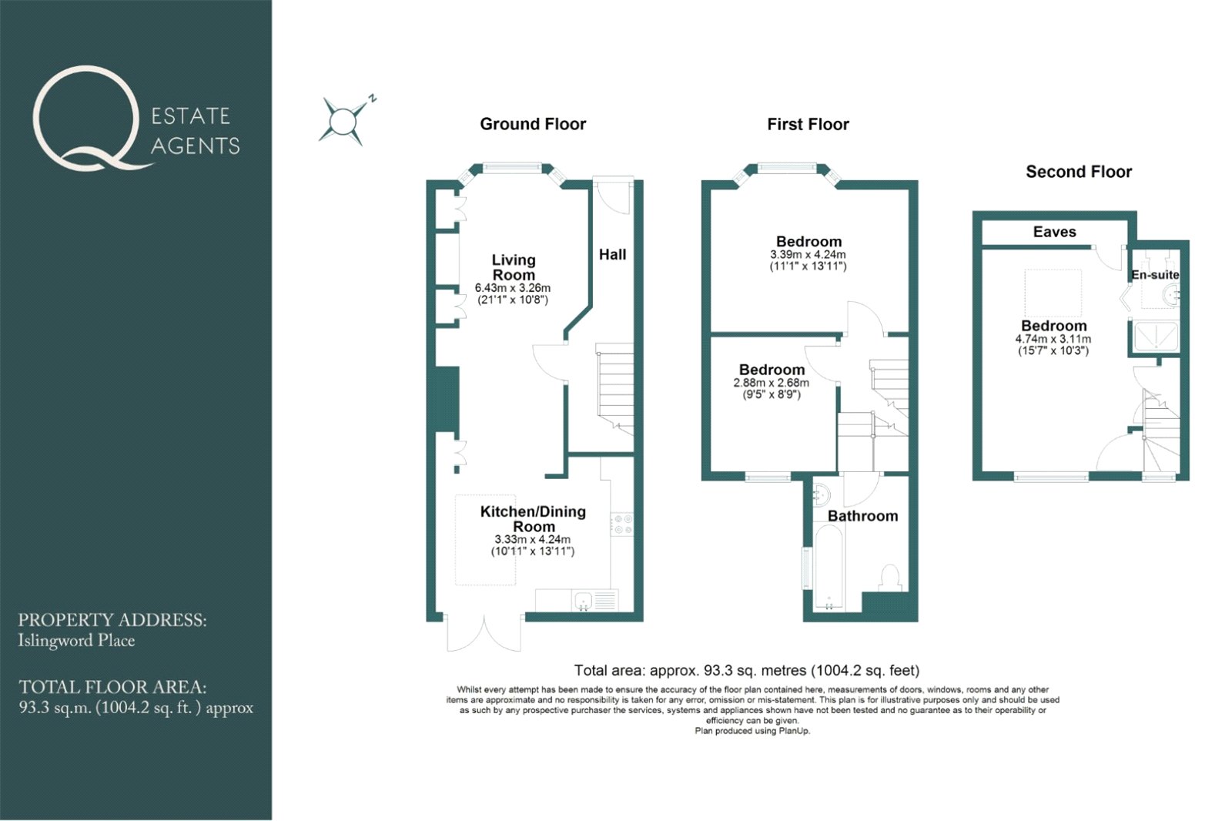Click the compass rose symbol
click(x=343, y=120)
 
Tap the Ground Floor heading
click(x=533, y=124)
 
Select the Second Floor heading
click(x=1079, y=172)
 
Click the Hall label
click(x=612, y=254)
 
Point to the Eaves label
click(x=1054, y=232)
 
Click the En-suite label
click(x=1154, y=275)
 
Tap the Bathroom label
click(x=862, y=515)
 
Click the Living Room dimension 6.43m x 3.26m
click(x=513, y=288)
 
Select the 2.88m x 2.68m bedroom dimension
click(x=771, y=383)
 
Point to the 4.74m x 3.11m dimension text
click(x=1053, y=339)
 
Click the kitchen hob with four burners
click(x=621, y=524)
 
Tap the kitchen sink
click(x=582, y=601)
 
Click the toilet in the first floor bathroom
click(x=890, y=578)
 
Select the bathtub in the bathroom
click(x=829, y=568)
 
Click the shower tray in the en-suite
click(x=1154, y=336)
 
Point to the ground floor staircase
click(x=615, y=389)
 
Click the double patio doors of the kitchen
click(x=484, y=633)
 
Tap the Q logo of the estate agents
click(x=87, y=118)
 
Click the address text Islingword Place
click(x=76, y=641)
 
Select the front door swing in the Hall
click(x=613, y=196)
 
